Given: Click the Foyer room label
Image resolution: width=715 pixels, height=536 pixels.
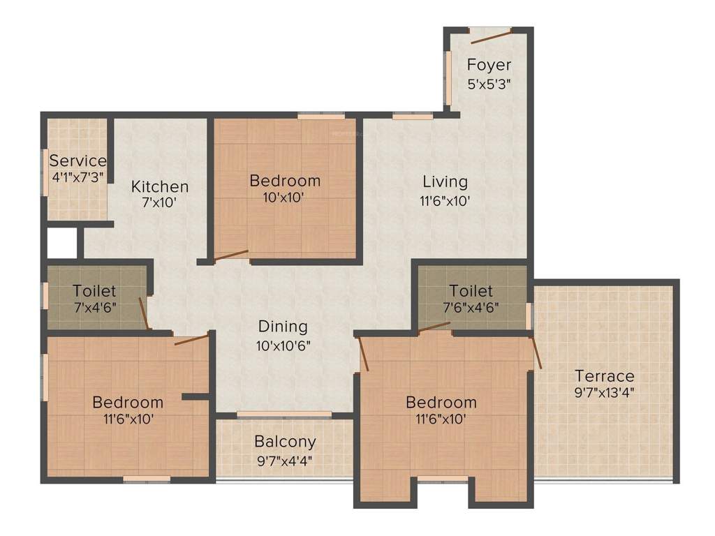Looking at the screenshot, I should [489, 66].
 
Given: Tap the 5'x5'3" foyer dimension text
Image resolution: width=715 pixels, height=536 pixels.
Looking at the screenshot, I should [489, 83].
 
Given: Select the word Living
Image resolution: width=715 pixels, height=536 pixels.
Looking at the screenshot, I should [445, 182].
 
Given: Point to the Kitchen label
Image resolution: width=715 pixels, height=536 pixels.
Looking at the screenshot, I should [160, 187].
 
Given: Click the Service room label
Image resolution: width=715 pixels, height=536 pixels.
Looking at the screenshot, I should [78, 161].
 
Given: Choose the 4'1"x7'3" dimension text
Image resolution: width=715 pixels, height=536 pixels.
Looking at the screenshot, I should [78, 177].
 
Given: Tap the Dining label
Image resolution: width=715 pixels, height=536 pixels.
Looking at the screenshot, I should [283, 327].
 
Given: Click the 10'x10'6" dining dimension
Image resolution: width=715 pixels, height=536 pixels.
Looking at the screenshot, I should [283, 344].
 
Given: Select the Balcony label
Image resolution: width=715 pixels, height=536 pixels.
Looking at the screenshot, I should [285, 442].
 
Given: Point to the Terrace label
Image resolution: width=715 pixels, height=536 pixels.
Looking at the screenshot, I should [605, 376].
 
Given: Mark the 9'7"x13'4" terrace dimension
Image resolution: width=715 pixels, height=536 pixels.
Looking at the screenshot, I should [605, 392].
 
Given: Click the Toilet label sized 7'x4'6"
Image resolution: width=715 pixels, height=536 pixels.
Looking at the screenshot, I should [94, 290].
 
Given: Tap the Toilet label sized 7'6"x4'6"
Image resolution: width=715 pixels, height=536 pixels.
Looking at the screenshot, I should [471, 290].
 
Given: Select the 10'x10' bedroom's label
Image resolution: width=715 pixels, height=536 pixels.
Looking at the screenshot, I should [285, 181].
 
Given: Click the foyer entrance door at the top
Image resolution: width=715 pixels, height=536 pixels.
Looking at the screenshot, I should [489, 32].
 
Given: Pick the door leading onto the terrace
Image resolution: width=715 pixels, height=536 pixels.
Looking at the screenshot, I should [536, 352].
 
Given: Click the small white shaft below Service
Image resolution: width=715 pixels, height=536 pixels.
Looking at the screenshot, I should [61, 243].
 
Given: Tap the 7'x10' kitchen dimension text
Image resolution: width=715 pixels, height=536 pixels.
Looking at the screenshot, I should [160, 203].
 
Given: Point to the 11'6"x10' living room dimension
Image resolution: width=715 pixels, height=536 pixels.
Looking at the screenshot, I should [445, 200].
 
